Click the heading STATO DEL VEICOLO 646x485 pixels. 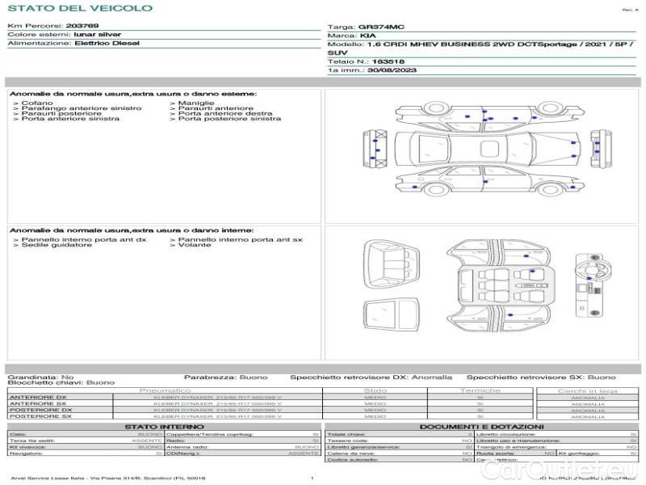click(x=80, y=8)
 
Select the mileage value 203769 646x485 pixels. click(x=82, y=27)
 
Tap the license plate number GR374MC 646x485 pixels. click(x=376, y=27)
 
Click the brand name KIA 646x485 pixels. click(x=367, y=36)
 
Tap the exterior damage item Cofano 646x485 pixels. click(x=37, y=103)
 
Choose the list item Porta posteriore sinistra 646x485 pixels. click(x=229, y=119)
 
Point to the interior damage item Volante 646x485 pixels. click(x=194, y=245)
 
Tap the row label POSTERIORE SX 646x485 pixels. click(x=38, y=416)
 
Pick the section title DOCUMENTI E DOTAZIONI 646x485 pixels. click(x=481, y=427)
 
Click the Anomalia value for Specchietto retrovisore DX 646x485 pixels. click(x=434, y=377)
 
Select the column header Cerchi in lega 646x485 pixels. click(x=587, y=390)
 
